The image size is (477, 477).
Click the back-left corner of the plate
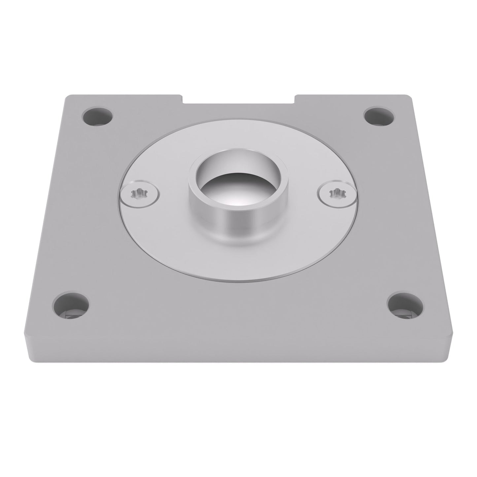(67, 96)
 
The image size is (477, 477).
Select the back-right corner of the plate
(410, 96)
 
